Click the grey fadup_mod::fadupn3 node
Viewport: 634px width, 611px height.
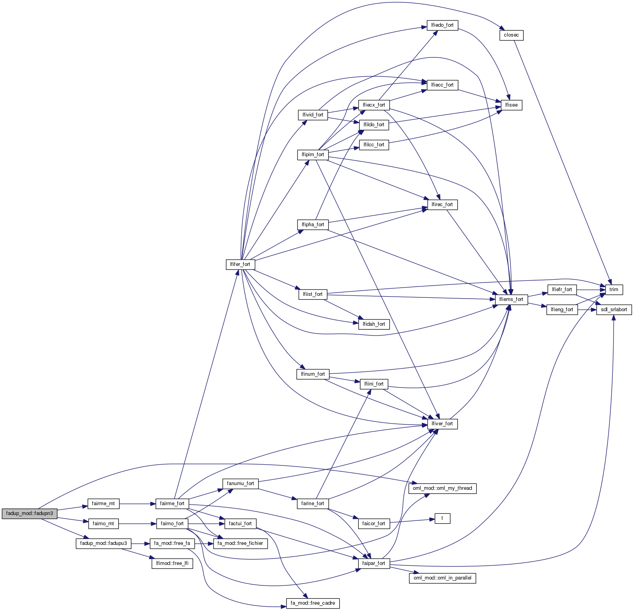[x=30, y=513]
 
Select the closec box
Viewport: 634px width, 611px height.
[x=511, y=35]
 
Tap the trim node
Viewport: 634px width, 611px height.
[x=614, y=290]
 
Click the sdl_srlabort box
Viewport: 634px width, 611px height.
[x=614, y=310]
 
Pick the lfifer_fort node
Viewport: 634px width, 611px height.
[x=240, y=264]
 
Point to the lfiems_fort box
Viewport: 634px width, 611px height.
[x=511, y=299]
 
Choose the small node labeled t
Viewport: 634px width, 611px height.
[x=442, y=518]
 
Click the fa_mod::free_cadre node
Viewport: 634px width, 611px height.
[x=312, y=603]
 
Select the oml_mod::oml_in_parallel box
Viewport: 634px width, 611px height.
[x=442, y=578]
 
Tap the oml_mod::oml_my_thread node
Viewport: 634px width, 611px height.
[x=442, y=488]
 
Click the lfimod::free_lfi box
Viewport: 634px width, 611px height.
[x=172, y=563]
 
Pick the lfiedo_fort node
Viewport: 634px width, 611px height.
[x=442, y=25]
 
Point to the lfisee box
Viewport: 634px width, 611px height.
[x=511, y=105]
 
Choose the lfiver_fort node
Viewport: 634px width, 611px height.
[x=442, y=424]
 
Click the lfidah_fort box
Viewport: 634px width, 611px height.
[x=374, y=324]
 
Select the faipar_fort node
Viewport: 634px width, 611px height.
[x=374, y=563]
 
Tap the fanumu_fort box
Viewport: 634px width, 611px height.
[x=240, y=484]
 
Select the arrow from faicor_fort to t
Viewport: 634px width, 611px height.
[x=412, y=521]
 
